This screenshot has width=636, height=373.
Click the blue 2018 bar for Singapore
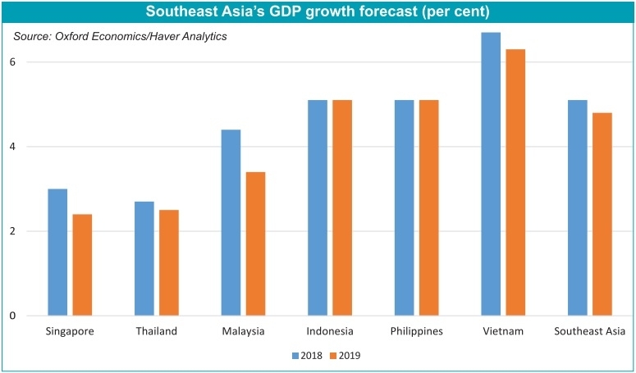57,252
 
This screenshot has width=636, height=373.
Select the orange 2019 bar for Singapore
82,265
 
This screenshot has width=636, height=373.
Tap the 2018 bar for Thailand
144,258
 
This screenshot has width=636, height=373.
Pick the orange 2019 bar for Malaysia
255,243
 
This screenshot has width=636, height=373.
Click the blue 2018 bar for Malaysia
231,222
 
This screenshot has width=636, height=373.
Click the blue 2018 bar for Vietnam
491,174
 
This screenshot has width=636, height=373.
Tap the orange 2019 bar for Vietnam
515,182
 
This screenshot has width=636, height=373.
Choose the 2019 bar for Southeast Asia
602,214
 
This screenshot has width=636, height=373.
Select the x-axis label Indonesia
329,332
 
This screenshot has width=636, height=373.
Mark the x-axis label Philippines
416,332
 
